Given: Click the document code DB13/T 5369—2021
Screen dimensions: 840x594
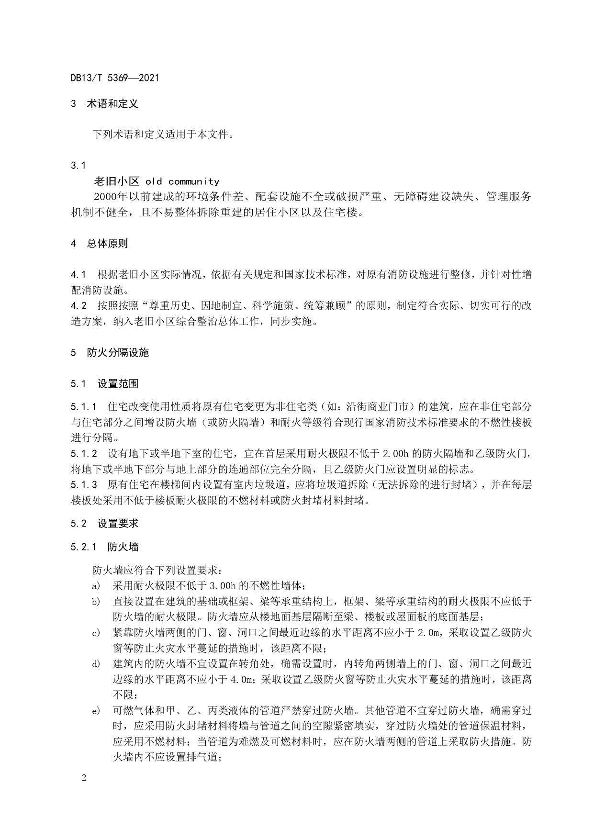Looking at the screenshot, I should click(114, 78).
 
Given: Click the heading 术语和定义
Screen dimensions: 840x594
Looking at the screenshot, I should click(112, 104).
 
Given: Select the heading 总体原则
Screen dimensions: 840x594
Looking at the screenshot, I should click(107, 244).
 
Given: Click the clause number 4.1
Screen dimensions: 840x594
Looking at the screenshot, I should click(78, 275).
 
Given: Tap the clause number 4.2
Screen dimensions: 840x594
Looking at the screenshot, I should click(78, 306).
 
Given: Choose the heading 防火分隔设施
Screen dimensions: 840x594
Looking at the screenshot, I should click(118, 353).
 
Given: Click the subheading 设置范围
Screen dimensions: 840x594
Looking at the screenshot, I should click(118, 384).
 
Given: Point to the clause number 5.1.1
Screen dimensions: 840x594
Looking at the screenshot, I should click(84, 407).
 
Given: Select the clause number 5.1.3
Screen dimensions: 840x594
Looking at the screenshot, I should click(84, 485).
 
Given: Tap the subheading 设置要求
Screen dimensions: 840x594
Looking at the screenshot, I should click(118, 524).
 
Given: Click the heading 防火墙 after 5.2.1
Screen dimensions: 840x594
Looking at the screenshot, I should click(123, 547).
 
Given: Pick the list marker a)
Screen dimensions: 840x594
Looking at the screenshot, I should click(96, 586).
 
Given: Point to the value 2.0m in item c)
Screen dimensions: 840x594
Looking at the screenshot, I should click(428, 633).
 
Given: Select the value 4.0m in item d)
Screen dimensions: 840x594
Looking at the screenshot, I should click(243, 680).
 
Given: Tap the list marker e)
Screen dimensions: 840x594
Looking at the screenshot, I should click(96, 712).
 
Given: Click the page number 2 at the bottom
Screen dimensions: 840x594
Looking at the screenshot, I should click(84, 778).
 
